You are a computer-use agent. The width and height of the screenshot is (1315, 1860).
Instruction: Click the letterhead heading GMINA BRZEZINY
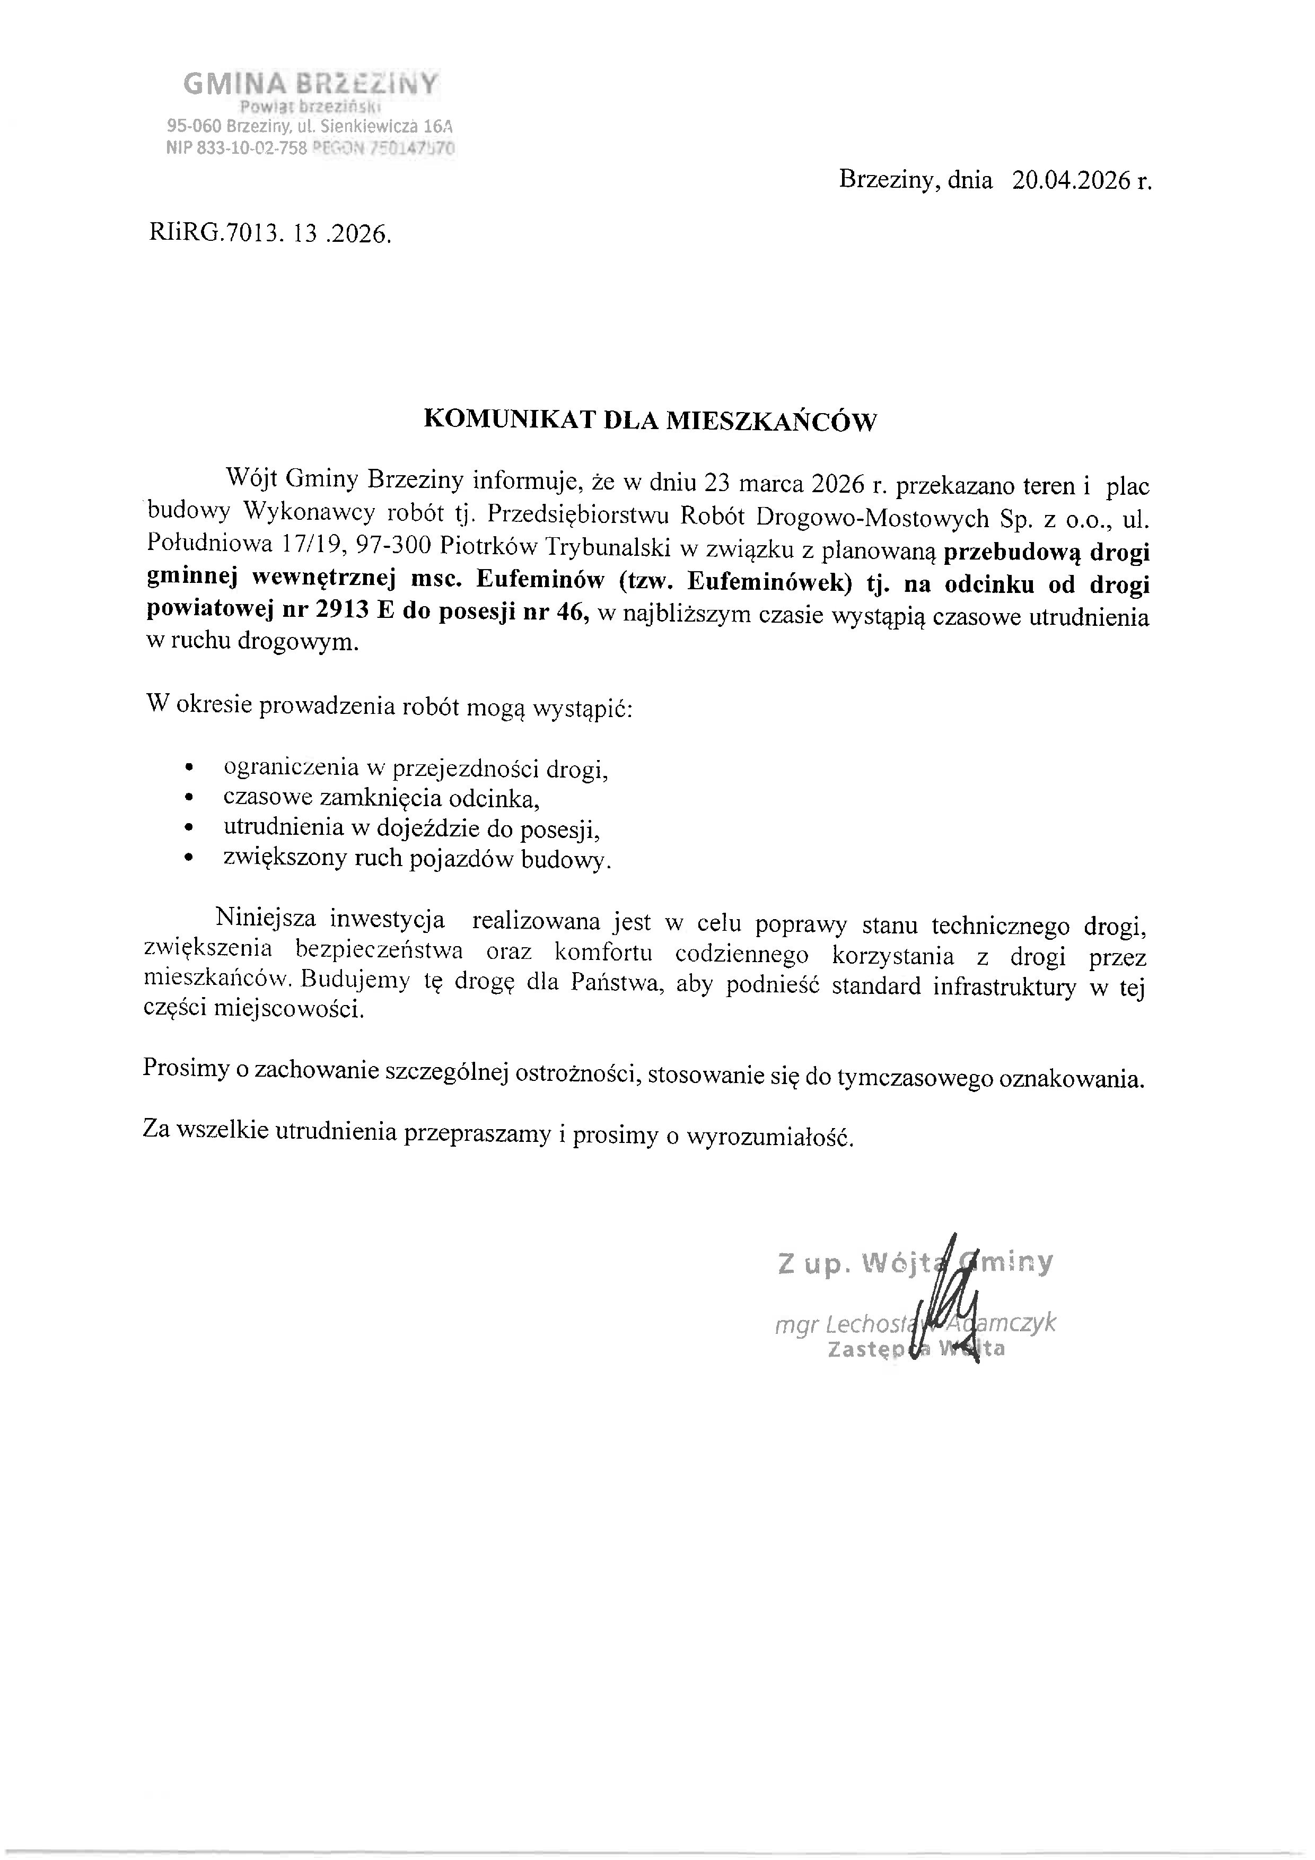311,83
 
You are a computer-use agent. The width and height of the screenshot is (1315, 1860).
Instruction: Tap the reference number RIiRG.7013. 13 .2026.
270,234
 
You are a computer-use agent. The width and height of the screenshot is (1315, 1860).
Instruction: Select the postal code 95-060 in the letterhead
195,126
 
